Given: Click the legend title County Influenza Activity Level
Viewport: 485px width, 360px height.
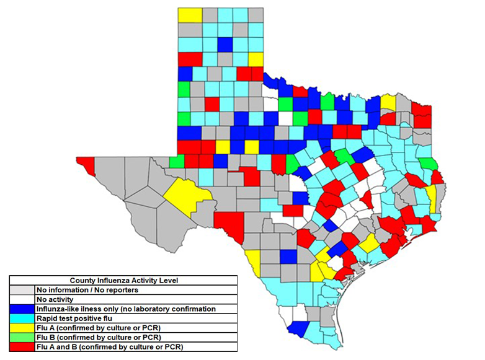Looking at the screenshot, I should point(122,280).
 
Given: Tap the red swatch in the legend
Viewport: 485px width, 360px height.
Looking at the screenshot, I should point(22,346).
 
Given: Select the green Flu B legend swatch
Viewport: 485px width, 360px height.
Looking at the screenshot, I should point(22,337).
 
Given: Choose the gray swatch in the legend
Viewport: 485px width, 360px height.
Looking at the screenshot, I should point(22,289).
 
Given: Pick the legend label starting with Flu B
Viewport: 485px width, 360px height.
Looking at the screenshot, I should point(100,337).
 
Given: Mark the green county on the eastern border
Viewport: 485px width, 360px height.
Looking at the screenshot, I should point(426,164).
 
